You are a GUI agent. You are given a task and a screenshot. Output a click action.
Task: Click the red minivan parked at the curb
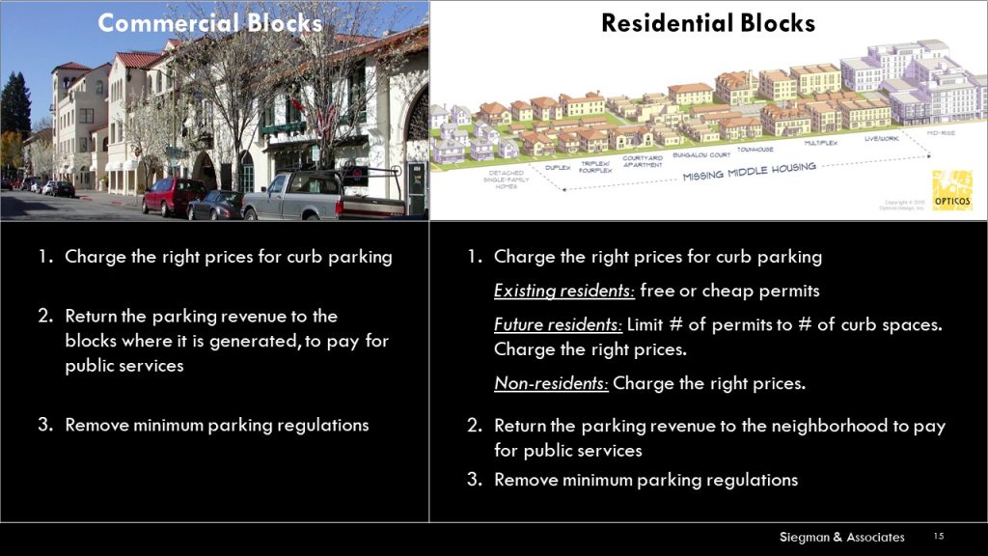[x=173, y=196]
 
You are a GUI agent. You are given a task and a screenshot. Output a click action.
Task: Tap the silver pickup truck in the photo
[x=309, y=198]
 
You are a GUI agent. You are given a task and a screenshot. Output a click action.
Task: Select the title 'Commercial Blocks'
[x=210, y=23]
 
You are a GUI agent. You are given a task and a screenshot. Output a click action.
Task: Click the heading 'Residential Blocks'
[x=708, y=23]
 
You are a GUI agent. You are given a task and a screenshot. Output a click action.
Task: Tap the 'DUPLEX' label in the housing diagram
[x=557, y=167]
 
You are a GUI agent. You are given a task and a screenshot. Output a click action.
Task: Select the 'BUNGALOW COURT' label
[x=691, y=153]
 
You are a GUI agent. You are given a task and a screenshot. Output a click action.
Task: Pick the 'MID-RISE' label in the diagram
[x=941, y=131]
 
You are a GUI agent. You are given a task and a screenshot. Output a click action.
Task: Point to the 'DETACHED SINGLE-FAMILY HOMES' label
[x=506, y=180]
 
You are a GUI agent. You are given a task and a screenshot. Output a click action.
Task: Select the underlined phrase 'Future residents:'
[x=559, y=325]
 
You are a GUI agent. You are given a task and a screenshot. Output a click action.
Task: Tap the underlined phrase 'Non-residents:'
[x=551, y=383]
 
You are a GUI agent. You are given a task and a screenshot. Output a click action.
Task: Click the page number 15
[x=939, y=536]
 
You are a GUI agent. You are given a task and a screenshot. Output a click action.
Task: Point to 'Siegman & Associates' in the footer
[x=842, y=537]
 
